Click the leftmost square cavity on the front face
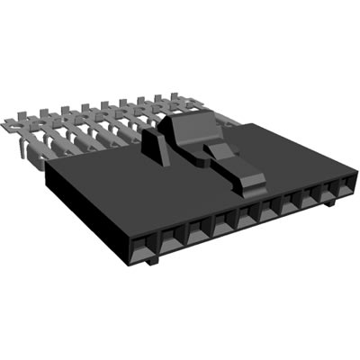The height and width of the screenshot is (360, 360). coord(141,243)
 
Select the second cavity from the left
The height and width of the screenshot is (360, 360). coord(170,238)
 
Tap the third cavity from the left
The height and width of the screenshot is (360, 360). coord(197,232)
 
